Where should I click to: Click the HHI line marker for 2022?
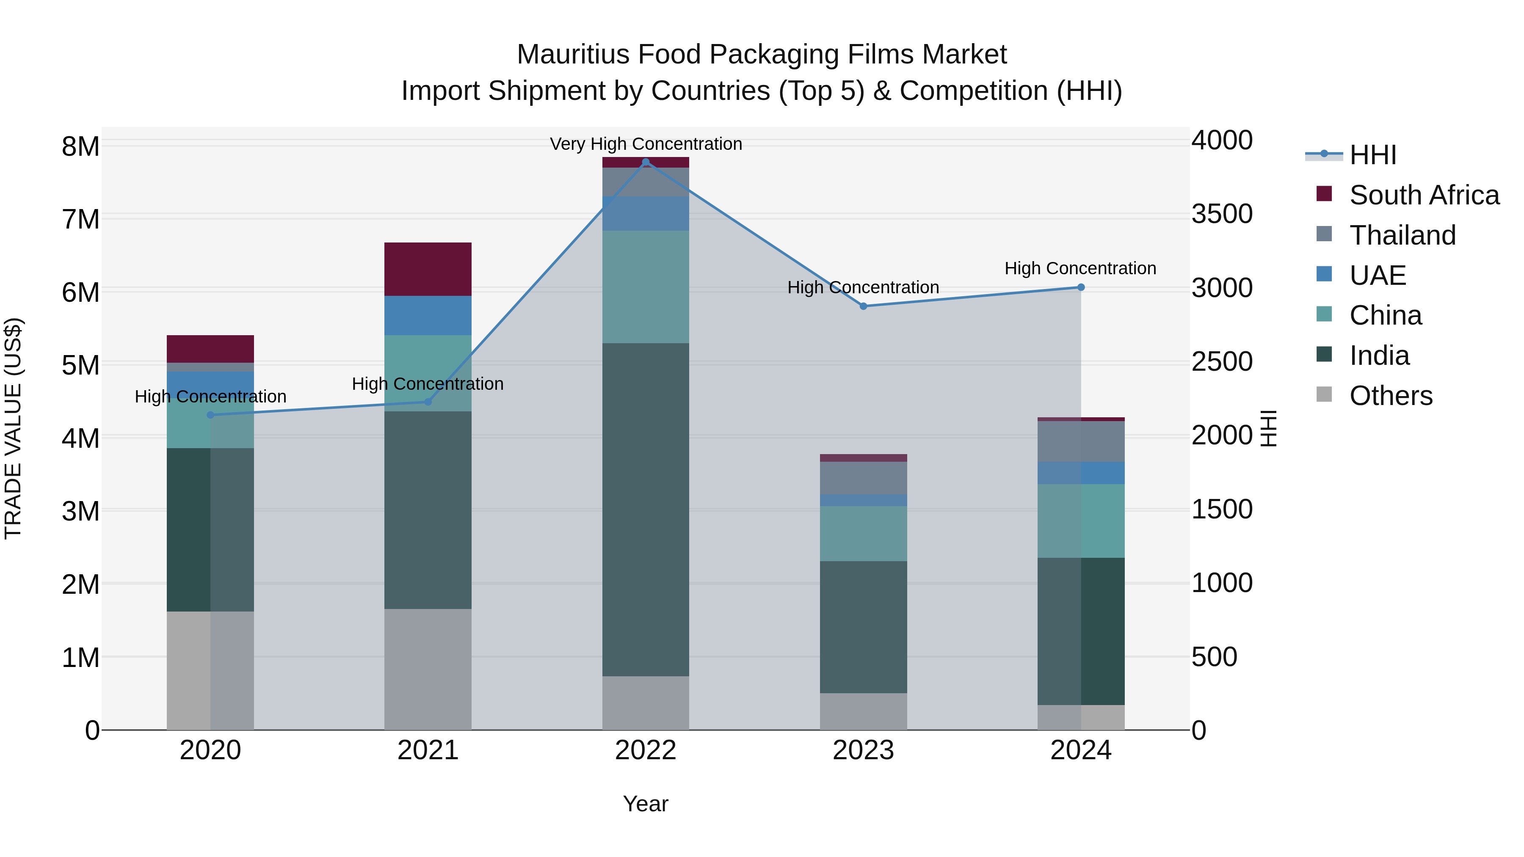646,162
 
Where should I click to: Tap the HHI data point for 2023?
863,306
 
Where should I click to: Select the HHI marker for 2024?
1081,287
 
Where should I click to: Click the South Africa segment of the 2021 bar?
428,269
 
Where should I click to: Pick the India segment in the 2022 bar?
646,509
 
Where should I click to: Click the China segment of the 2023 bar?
863,534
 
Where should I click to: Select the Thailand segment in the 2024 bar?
1081,441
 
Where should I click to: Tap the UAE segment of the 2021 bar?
428,315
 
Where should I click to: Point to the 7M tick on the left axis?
80,219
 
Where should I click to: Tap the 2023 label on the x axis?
863,750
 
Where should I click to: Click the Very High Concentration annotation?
646,144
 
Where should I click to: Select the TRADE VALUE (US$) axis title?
13,428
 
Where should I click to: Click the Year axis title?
646,804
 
